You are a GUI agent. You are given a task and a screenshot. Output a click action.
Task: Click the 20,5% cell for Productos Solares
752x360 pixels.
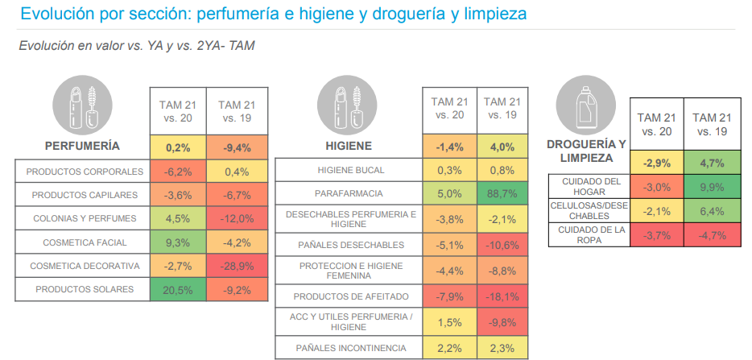tap(178, 290)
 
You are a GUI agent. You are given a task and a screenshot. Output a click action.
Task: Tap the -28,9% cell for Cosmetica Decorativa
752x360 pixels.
tap(237, 266)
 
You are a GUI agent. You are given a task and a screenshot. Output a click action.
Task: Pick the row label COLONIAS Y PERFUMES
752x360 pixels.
tap(85, 218)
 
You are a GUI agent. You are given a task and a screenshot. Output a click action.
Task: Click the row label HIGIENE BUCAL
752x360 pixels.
tap(351, 170)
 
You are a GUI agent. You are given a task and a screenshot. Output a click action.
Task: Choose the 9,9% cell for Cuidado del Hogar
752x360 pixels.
tap(712, 187)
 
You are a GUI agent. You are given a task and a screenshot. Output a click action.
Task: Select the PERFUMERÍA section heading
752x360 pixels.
tap(82, 147)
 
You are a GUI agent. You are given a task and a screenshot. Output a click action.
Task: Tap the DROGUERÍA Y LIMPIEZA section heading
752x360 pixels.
tap(586, 151)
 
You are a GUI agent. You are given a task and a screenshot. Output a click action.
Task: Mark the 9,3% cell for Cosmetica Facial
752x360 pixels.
tap(178, 242)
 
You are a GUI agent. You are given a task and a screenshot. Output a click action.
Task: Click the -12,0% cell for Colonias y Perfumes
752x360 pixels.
tap(237, 218)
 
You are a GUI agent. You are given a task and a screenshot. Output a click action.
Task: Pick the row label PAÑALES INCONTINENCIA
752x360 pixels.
tap(351, 348)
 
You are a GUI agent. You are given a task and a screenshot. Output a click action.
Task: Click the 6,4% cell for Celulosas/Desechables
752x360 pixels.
tap(712, 211)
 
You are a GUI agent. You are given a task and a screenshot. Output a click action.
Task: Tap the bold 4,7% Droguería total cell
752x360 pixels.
tap(712, 163)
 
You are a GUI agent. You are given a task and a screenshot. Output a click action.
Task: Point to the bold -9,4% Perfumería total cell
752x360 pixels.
tap(237, 147)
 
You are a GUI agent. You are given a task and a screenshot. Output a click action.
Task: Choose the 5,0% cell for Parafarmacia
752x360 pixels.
tap(449, 194)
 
